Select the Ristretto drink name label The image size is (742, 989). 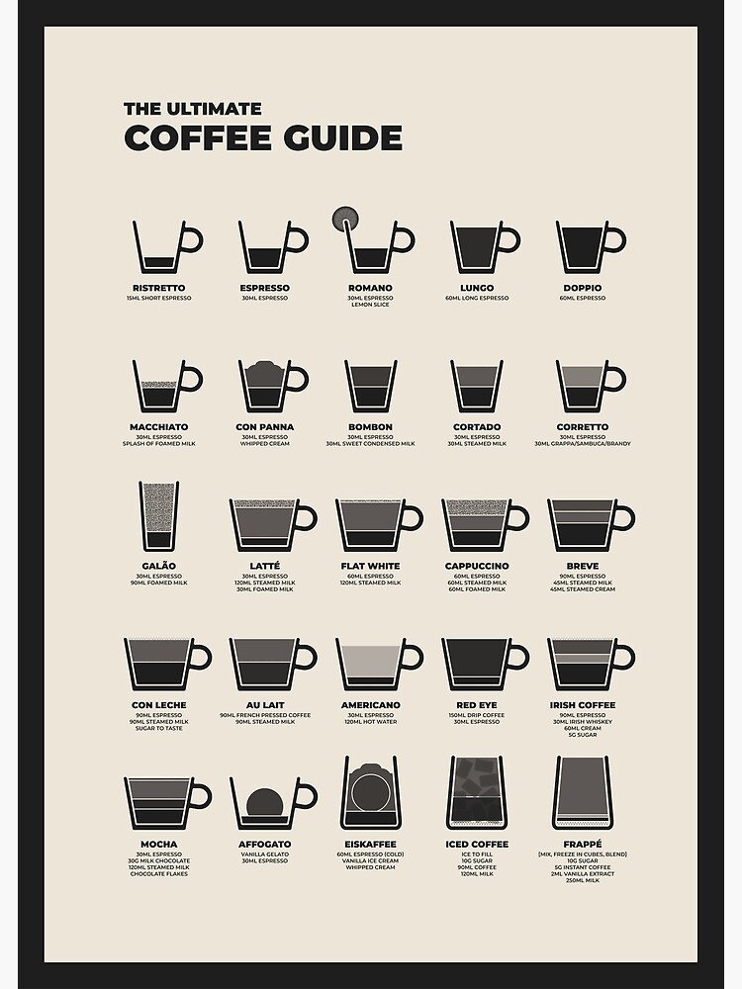coord(158,288)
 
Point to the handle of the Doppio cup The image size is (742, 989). coord(614,239)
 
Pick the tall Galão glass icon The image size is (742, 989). coord(158,516)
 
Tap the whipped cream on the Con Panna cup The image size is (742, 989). coord(264,373)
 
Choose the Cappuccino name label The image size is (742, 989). coord(476,566)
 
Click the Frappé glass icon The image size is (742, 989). coord(582,792)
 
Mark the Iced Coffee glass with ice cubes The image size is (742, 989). coord(476,792)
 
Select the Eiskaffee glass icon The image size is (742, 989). coord(370,792)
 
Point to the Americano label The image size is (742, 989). coord(370,705)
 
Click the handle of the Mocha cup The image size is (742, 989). coord(201,796)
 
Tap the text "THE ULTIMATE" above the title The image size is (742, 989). coord(192,109)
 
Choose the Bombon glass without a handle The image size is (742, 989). coord(370,386)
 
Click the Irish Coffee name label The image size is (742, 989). coord(582,705)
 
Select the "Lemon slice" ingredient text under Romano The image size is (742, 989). coord(370,305)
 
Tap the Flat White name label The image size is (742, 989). coord(370,566)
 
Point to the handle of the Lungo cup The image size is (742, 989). coord(509,239)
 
